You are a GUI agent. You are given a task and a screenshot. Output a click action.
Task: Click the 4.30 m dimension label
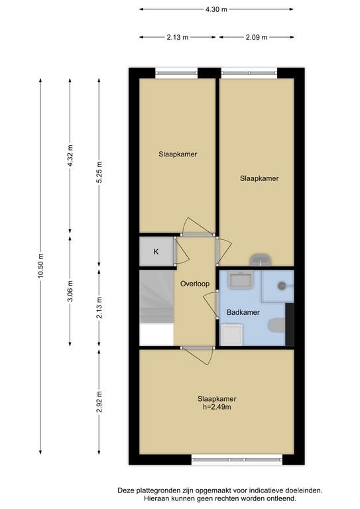click(216, 9)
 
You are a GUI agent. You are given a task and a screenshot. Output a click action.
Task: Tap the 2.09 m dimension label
click(257, 37)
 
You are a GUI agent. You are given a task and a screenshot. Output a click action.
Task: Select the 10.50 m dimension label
click(40, 266)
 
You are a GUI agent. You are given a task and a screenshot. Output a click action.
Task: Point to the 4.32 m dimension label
click(70, 156)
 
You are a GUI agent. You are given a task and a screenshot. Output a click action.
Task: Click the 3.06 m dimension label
click(70, 290)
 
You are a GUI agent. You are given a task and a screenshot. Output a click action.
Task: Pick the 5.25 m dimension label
click(99, 172)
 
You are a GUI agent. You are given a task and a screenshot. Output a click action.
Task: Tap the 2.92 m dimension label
click(99, 402)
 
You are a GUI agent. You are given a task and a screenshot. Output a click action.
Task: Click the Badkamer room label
click(243, 312)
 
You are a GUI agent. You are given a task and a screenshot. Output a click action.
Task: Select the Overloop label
click(195, 284)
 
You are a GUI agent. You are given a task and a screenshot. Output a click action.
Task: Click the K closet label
click(156, 252)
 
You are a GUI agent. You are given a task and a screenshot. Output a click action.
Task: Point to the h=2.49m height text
click(217, 407)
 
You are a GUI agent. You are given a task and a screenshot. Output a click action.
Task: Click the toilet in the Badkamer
click(276, 325)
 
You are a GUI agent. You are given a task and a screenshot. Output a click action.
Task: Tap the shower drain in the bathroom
click(282, 286)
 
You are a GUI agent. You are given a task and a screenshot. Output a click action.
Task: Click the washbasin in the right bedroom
click(261, 259)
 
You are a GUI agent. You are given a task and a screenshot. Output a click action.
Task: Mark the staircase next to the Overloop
click(156, 297)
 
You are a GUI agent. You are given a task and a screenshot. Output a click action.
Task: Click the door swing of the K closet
click(182, 251)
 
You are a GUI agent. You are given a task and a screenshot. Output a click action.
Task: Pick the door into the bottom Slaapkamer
click(198, 355)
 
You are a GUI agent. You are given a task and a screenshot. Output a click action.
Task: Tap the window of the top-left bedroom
click(176, 73)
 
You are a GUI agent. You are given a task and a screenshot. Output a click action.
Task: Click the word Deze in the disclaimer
click(125, 490)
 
